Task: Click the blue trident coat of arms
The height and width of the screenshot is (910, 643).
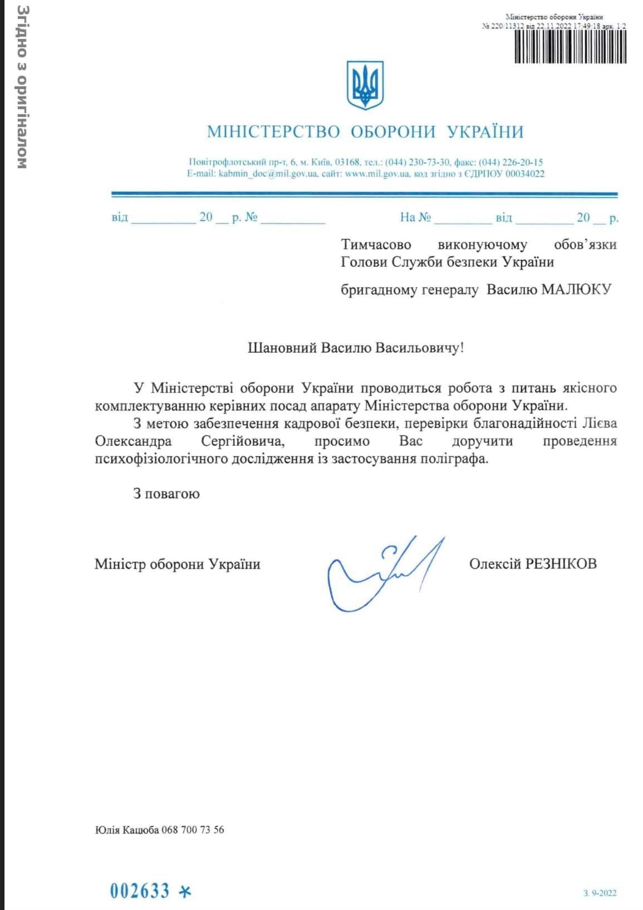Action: [365, 85]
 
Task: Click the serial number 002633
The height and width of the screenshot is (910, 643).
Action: [140, 890]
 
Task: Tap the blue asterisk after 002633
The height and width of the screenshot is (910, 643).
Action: [184, 891]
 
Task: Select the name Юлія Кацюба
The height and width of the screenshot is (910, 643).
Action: [127, 830]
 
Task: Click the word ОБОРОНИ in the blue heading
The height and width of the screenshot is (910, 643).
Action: [393, 132]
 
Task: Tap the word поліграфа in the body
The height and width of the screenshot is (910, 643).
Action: [454, 460]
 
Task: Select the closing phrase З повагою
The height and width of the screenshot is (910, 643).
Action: [166, 494]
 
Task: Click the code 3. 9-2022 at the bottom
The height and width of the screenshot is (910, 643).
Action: [600, 893]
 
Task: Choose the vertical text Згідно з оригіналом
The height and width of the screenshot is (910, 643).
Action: [22, 87]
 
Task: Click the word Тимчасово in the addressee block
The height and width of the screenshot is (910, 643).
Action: [376, 245]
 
